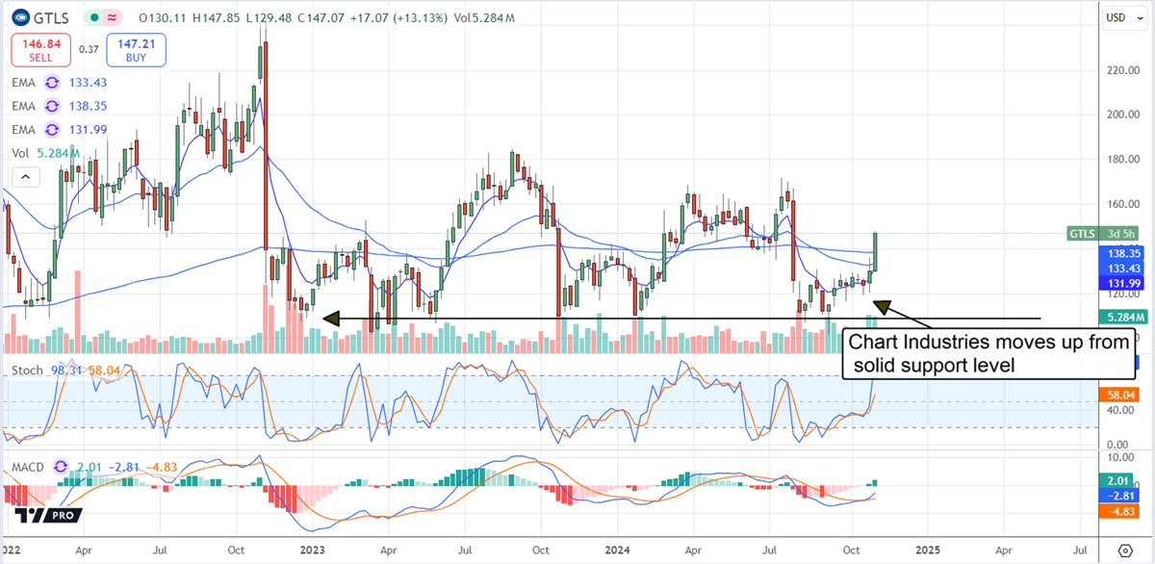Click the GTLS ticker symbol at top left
(50, 17)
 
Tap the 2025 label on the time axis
(928, 551)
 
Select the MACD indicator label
(29, 468)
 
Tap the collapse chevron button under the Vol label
(25, 176)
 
